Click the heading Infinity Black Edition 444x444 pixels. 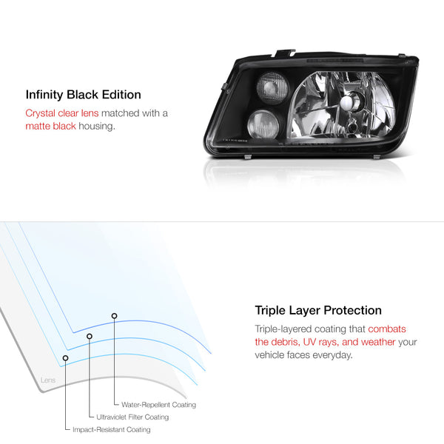83,95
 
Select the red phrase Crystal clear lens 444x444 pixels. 62,113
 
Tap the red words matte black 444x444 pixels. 50,126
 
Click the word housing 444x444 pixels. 97,127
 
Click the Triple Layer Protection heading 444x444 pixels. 318,310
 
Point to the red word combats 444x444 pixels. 387,329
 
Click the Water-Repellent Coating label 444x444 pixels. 158,405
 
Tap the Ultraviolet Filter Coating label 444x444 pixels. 132,417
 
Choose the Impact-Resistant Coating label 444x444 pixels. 112,429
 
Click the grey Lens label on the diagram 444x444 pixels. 48,380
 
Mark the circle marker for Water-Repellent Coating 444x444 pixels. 114,316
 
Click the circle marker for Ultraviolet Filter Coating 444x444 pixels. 90,337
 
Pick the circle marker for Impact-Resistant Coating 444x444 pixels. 65,358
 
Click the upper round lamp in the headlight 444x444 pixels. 272,87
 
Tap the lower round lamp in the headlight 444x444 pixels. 263,124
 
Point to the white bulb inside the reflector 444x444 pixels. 348,101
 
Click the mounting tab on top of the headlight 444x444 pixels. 286,53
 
